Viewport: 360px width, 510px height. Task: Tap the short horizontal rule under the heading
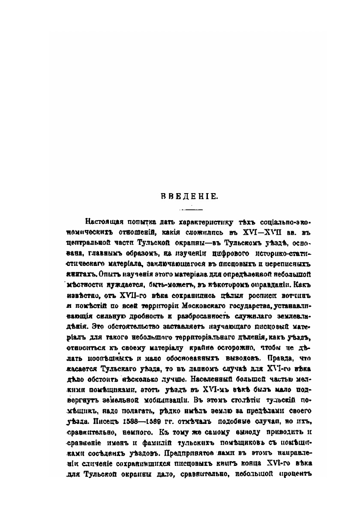(x=189, y=210)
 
